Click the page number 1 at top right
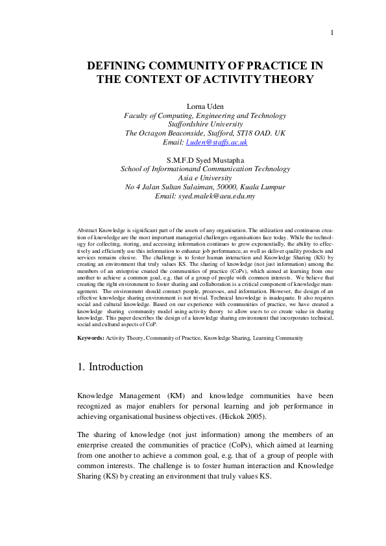pyautogui.click(x=332, y=33)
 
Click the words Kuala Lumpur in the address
pyautogui.click(x=262, y=187)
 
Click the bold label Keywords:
pyautogui.click(x=90, y=338)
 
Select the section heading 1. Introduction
pyautogui.click(x=110, y=367)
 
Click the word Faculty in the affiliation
pyautogui.click(x=137, y=115)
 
